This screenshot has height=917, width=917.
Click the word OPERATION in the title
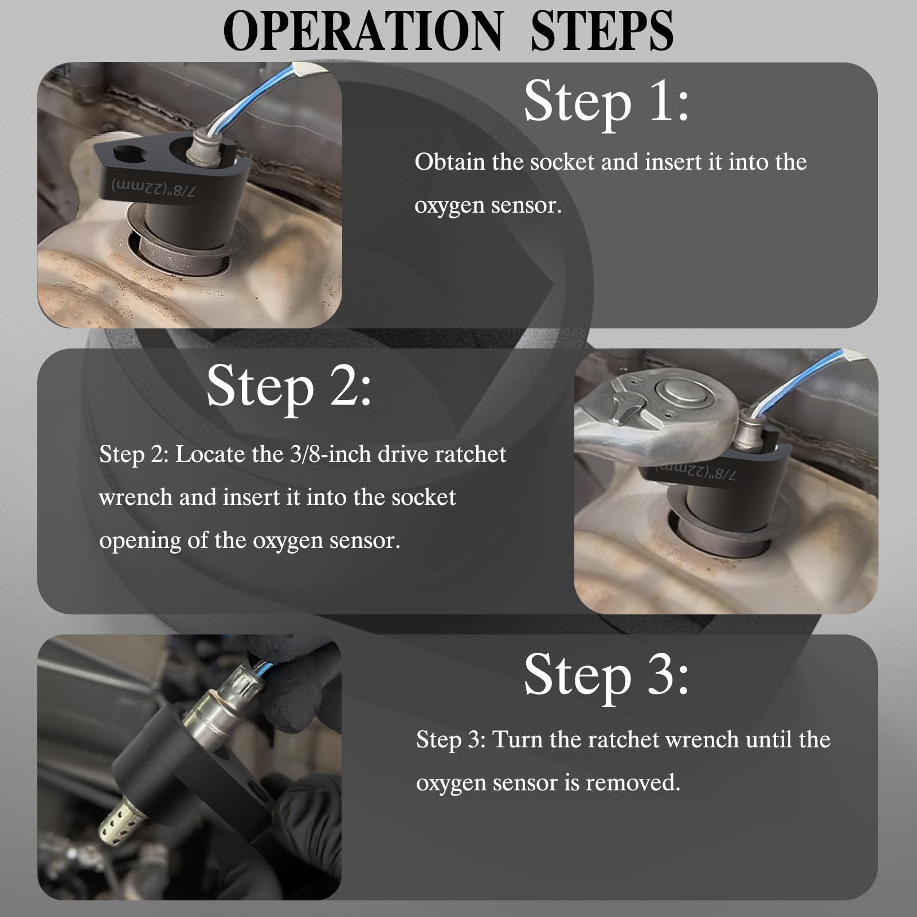tap(362, 32)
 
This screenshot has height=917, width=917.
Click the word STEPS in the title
tap(602, 32)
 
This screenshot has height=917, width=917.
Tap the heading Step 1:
tap(606, 101)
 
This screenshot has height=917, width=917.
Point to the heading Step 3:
tap(606, 675)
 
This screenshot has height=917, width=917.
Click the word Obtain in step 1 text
tap(449, 162)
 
